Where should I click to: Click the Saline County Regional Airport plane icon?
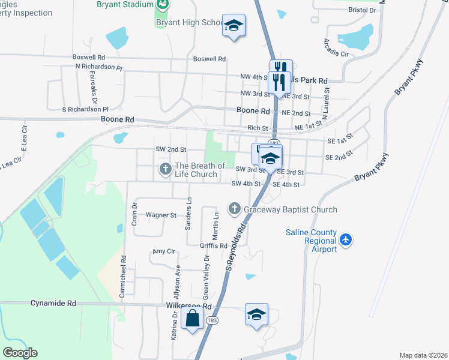(345, 239)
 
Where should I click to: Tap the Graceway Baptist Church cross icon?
(234, 209)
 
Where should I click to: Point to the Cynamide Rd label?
(53, 304)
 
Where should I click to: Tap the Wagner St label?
(161, 215)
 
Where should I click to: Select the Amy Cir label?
(163, 251)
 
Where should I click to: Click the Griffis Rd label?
(214, 245)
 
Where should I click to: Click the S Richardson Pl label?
(85, 110)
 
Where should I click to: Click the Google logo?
(20, 353)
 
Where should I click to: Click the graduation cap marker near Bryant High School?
(234, 26)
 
